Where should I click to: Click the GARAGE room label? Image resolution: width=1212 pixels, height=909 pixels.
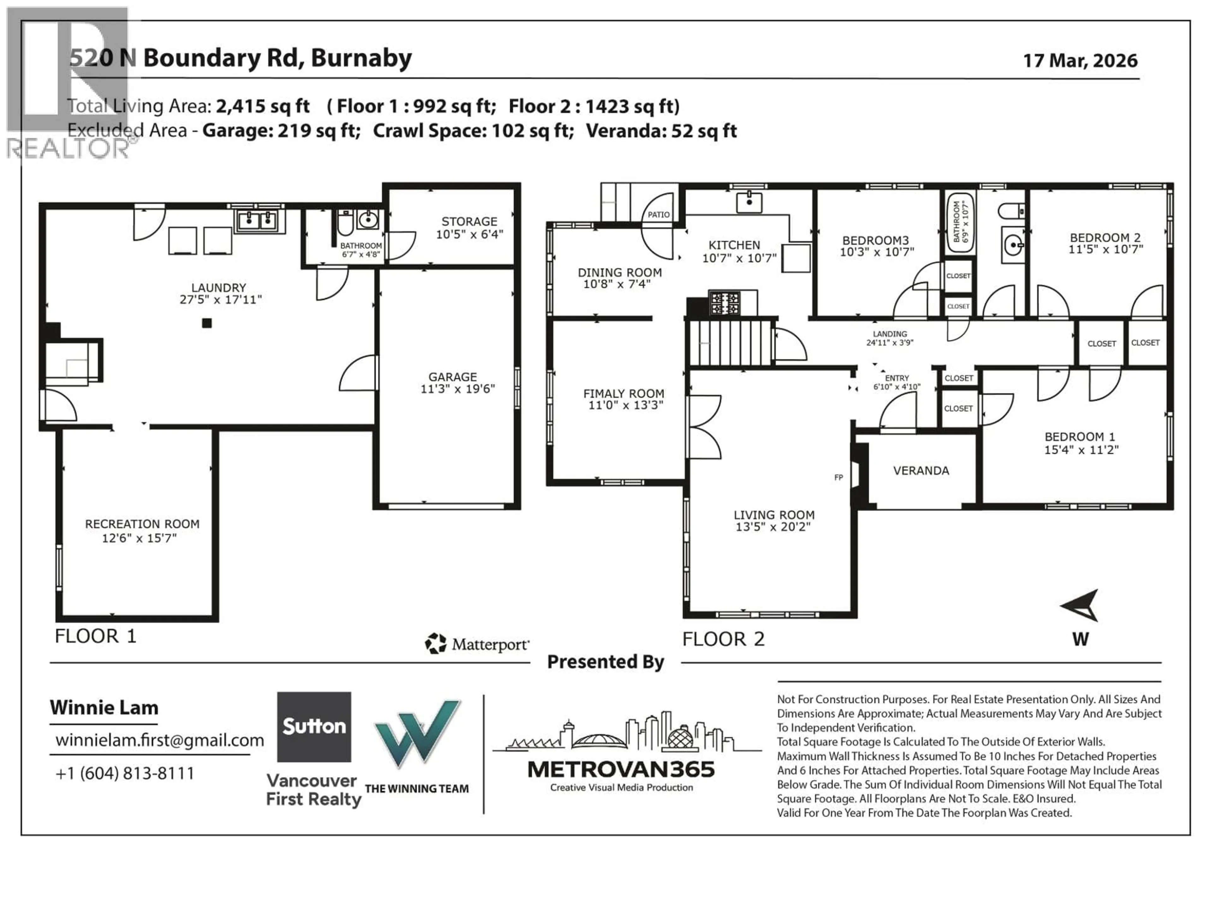point(453,377)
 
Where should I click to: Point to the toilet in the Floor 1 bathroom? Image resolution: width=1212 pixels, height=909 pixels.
point(345,222)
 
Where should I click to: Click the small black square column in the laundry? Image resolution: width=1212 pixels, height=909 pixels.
point(206,323)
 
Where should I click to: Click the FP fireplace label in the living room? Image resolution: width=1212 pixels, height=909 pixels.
point(838,477)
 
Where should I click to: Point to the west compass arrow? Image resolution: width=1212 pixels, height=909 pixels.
point(1080,605)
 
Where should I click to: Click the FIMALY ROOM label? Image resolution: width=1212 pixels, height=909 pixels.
point(624,393)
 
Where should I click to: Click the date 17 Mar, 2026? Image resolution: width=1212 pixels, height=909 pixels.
point(1080,60)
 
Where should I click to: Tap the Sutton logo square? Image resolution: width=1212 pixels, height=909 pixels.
point(314,727)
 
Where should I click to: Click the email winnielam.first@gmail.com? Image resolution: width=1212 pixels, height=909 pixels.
point(159,740)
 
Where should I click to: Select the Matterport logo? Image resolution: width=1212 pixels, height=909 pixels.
point(477,644)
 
